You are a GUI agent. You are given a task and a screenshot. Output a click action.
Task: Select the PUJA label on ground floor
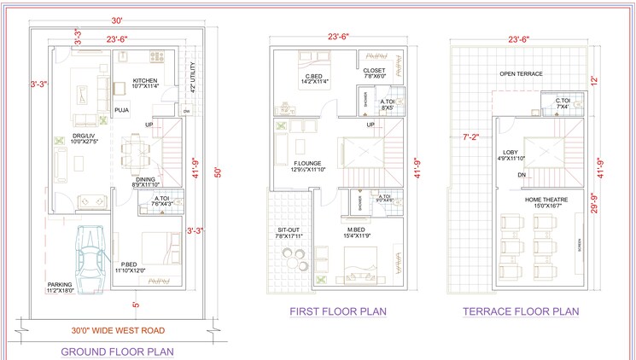(122, 108)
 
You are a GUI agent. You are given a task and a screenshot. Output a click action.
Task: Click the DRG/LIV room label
(84, 137)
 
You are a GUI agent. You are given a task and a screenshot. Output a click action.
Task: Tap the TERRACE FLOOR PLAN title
(521, 311)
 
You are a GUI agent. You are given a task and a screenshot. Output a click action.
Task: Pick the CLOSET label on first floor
(375, 72)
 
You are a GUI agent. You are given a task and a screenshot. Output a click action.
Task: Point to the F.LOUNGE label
(306, 164)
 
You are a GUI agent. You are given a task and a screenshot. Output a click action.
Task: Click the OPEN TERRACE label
(521, 74)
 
